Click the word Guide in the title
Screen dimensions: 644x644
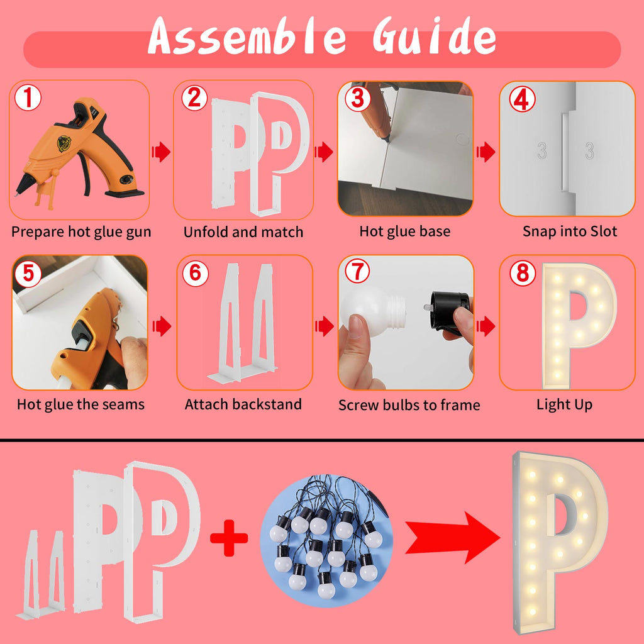[434, 36]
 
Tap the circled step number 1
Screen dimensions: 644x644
[28, 97]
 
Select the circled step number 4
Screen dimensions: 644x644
[522, 99]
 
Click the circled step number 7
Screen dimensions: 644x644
[357, 271]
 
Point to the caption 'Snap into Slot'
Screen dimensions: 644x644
[570, 231]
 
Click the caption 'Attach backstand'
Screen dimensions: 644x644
[243, 404]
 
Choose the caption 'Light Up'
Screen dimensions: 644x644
[564, 405]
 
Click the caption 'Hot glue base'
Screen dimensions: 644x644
[404, 231]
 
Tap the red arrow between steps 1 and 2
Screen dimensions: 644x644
[161, 152]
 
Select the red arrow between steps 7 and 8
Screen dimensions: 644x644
[486, 326]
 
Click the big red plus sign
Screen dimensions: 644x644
[229, 538]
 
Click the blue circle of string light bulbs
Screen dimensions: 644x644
[326, 540]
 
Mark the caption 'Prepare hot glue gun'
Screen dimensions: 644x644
[81, 232]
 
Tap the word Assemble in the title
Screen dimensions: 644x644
[247, 36]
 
